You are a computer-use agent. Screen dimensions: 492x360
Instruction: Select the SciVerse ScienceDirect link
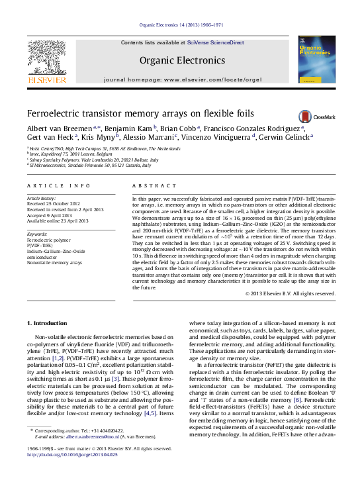coord(215,42)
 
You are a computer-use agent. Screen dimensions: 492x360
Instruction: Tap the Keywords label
coord(37,234)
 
